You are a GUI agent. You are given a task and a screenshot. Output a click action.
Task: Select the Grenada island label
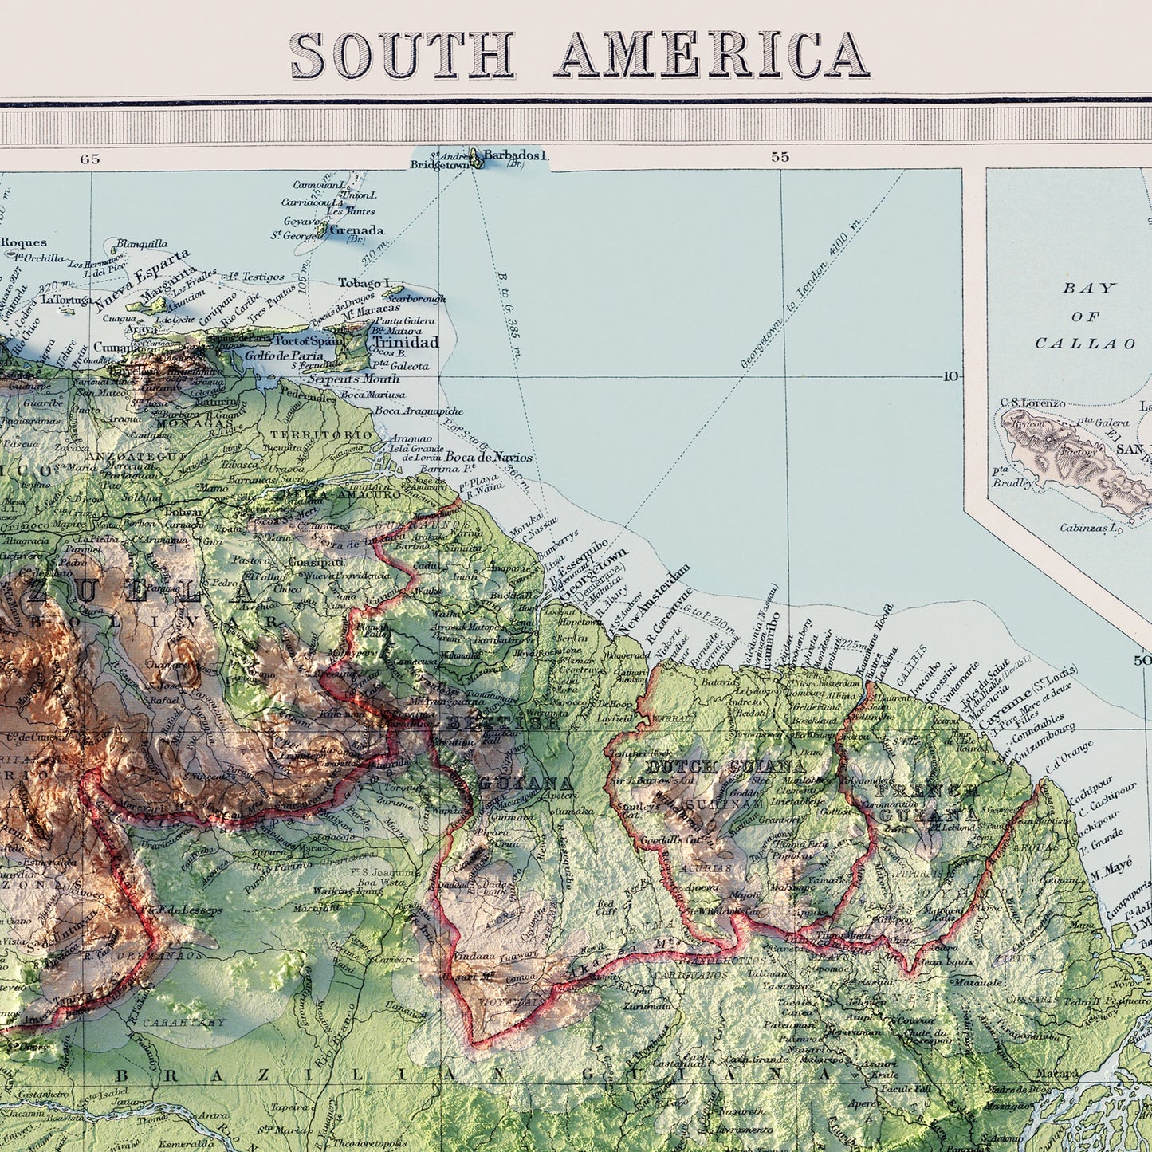(x=356, y=230)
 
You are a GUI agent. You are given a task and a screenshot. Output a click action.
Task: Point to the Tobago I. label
(x=364, y=283)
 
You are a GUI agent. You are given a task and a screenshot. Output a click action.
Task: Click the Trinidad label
(x=405, y=342)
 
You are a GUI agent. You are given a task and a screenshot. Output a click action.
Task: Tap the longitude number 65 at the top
(x=90, y=159)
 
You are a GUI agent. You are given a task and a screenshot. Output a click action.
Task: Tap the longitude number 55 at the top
(x=780, y=157)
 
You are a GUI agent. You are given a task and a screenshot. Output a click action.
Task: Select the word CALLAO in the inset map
(x=1085, y=344)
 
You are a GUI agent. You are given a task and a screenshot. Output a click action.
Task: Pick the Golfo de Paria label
(x=284, y=356)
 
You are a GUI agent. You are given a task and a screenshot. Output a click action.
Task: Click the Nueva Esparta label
(x=143, y=278)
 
